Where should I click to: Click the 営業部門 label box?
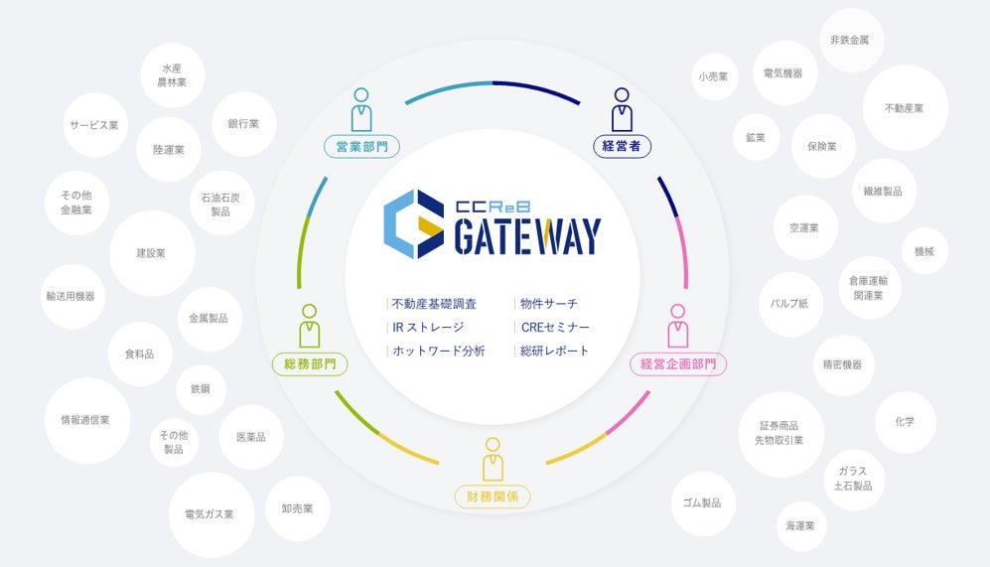tap(361, 147)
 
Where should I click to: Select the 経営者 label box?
tap(622, 147)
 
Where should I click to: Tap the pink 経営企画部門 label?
tap(678, 364)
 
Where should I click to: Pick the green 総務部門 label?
tap(310, 364)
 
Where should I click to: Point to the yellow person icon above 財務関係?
tap(492, 459)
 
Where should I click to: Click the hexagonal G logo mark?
tap(413, 223)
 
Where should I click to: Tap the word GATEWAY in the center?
tap(527, 236)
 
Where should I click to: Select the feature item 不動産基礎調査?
tap(434, 304)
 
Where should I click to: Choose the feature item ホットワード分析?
tap(438, 351)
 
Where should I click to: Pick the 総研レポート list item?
tap(554, 351)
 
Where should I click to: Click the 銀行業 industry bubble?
tap(243, 124)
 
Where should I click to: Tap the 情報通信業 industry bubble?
tap(87, 420)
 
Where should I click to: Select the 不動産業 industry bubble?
tap(905, 108)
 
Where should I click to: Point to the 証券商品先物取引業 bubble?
tap(780, 434)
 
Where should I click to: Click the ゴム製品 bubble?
tap(702, 502)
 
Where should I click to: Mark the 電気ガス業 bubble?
tap(210, 514)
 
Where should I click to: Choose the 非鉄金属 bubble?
tap(851, 40)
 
